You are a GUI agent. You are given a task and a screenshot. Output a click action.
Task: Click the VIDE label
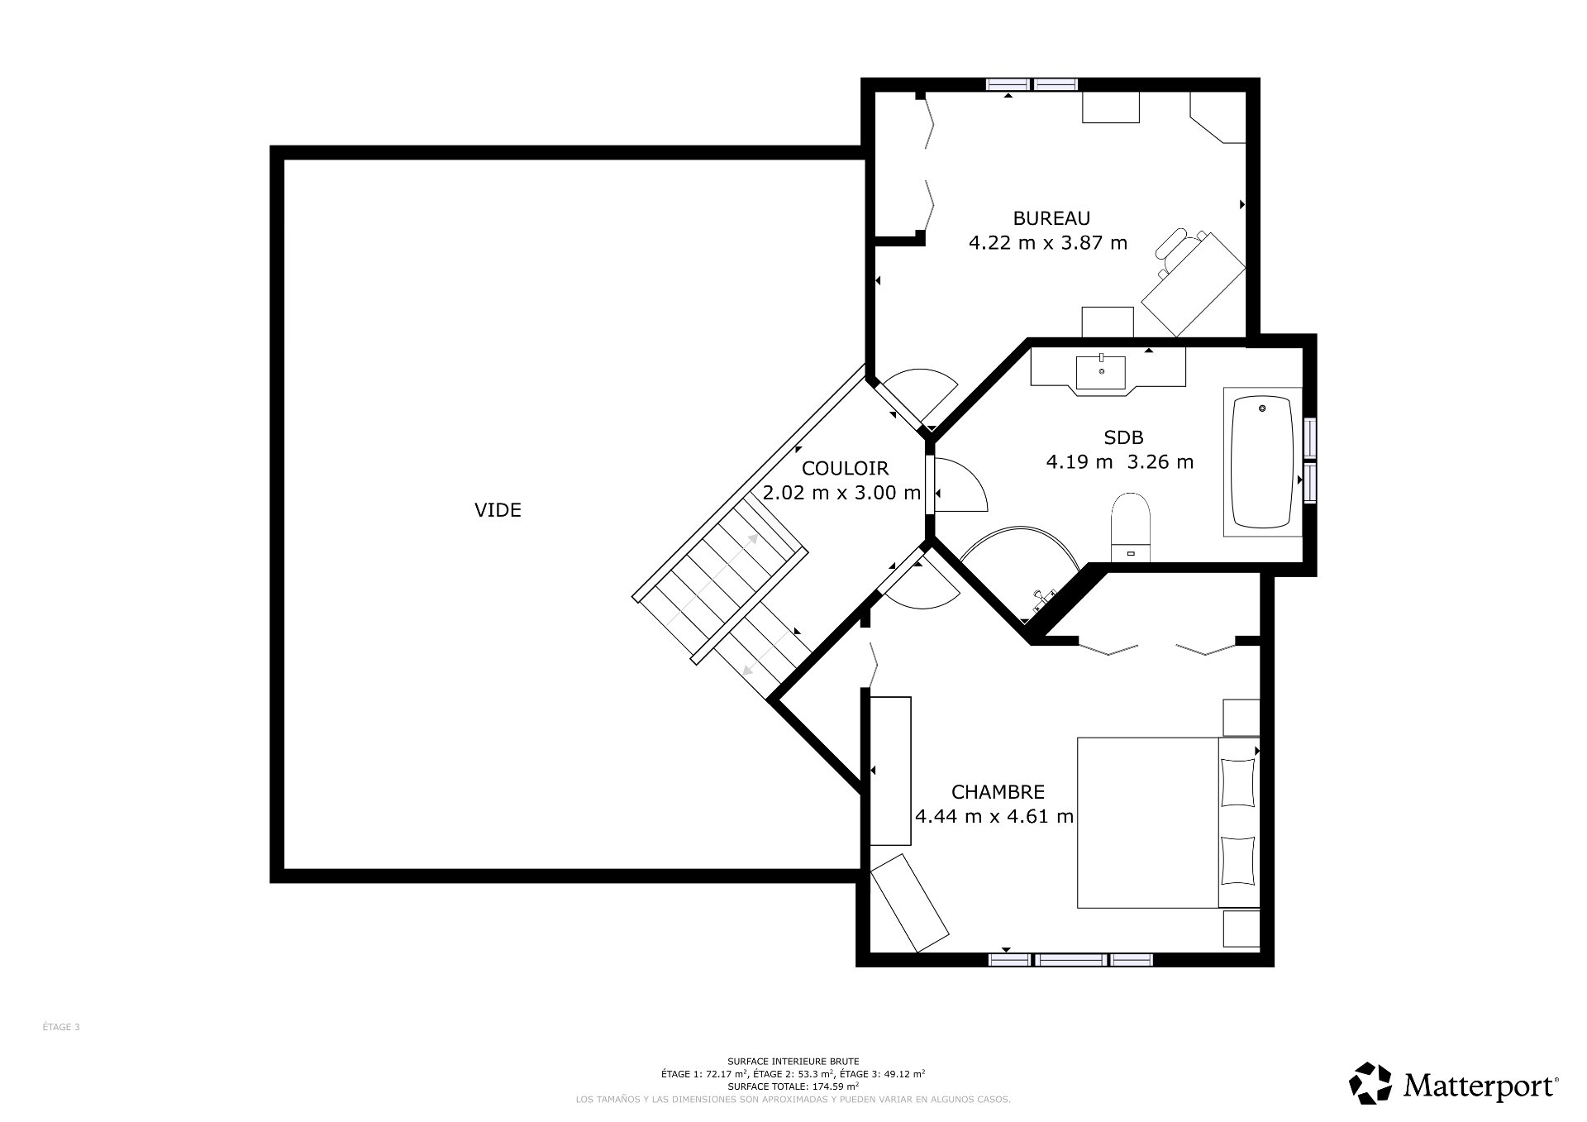click(x=498, y=510)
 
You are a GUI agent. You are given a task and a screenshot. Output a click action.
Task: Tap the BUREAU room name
click(x=1051, y=218)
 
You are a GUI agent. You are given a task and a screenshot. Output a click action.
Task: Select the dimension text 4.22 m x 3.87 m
click(x=1047, y=243)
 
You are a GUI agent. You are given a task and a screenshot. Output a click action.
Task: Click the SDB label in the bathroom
click(x=1123, y=437)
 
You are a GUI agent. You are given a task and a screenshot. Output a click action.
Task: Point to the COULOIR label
click(x=845, y=469)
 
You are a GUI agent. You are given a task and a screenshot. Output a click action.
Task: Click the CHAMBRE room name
click(x=998, y=791)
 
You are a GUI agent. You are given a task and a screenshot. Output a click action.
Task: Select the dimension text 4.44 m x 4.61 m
click(x=994, y=817)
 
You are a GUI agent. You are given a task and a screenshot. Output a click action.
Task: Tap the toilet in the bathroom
click(x=1131, y=526)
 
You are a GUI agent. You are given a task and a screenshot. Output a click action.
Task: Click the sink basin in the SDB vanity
click(x=1101, y=372)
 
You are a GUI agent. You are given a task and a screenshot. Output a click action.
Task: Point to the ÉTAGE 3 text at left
click(x=61, y=1027)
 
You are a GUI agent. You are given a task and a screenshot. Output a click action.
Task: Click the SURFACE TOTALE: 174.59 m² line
click(x=793, y=1086)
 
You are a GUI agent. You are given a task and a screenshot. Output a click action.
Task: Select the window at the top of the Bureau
click(x=1032, y=84)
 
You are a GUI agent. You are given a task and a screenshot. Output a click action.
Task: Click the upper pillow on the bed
click(x=1237, y=781)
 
